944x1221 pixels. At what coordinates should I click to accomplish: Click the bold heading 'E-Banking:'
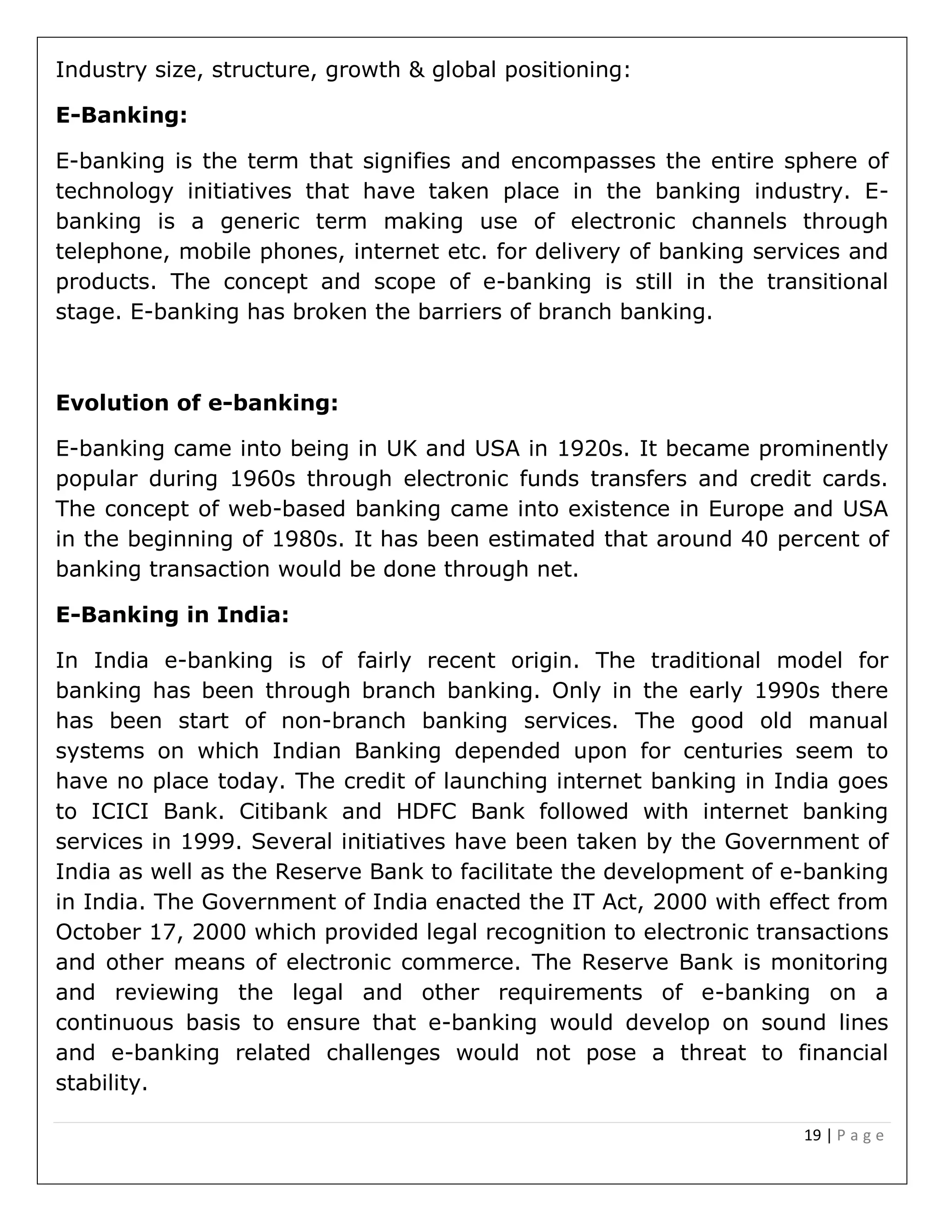tap(121, 115)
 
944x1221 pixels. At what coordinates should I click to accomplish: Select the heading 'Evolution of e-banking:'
tap(197, 403)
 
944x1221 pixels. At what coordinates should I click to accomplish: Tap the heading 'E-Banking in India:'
tap(172, 614)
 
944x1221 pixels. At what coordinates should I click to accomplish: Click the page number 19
tap(812, 1135)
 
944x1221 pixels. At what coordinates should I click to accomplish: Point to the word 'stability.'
tap(101, 1082)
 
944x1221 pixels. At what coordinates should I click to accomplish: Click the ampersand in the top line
tap(417, 70)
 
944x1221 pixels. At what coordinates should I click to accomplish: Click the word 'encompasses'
tap(583, 161)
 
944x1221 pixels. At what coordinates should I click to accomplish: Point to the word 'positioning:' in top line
tap(567, 70)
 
